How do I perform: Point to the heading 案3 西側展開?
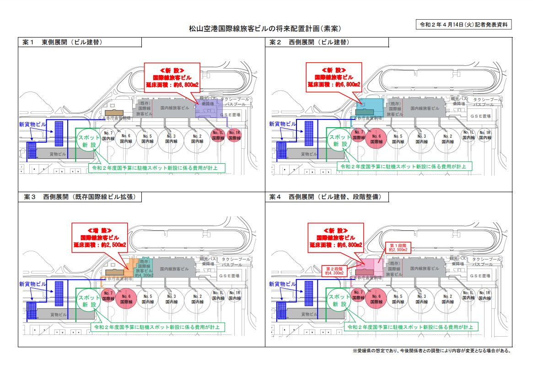[80, 197]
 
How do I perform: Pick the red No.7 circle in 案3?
[108, 296]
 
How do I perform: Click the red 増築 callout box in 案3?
[99, 238]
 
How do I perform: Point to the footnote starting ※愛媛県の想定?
[431, 351]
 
